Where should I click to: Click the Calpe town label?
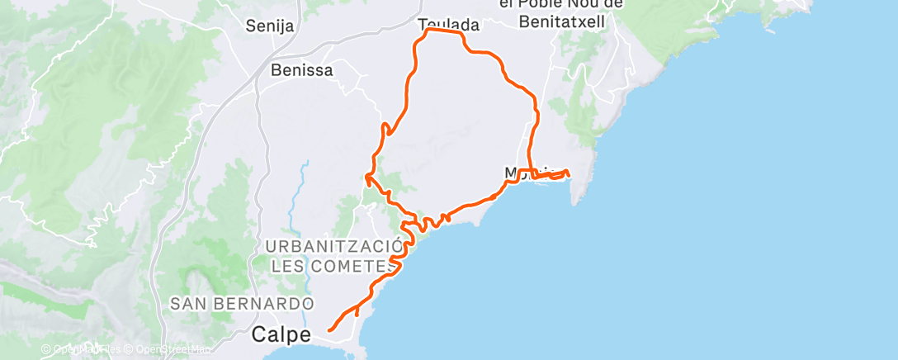[x=281, y=335]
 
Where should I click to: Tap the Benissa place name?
[x=301, y=70]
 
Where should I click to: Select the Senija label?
[x=270, y=26]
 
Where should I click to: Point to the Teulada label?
[x=448, y=25]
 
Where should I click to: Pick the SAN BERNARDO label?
[x=242, y=303]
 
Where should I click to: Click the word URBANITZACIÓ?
[x=334, y=246]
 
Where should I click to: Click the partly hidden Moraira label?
[x=516, y=173]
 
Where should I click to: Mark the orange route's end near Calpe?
[x=329, y=330]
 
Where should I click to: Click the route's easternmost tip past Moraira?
[x=568, y=172]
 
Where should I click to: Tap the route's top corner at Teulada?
[x=428, y=31]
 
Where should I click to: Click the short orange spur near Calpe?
[x=357, y=311]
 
